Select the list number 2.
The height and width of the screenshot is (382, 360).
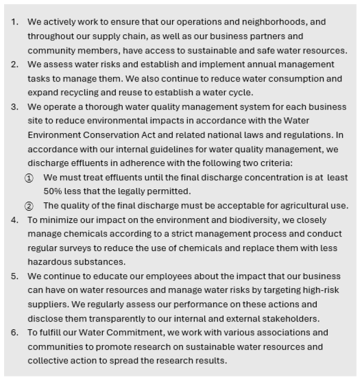coord(14,64)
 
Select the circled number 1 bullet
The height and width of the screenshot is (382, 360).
coord(29,178)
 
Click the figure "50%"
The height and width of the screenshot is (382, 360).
coord(53,191)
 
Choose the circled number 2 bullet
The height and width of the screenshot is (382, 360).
coord(29,206)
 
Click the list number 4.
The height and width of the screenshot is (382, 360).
coord(14,219)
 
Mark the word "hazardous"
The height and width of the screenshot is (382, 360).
coord(51,262)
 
